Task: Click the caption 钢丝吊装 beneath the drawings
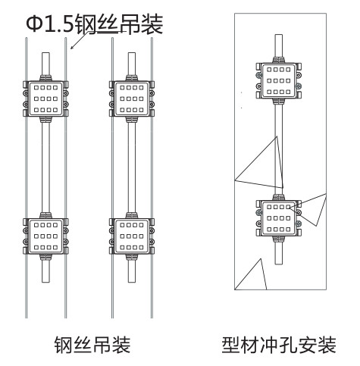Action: pyautogui.click(x=92, y=345)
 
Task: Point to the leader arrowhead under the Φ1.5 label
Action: pyautogui.click(x=70, y=48)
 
